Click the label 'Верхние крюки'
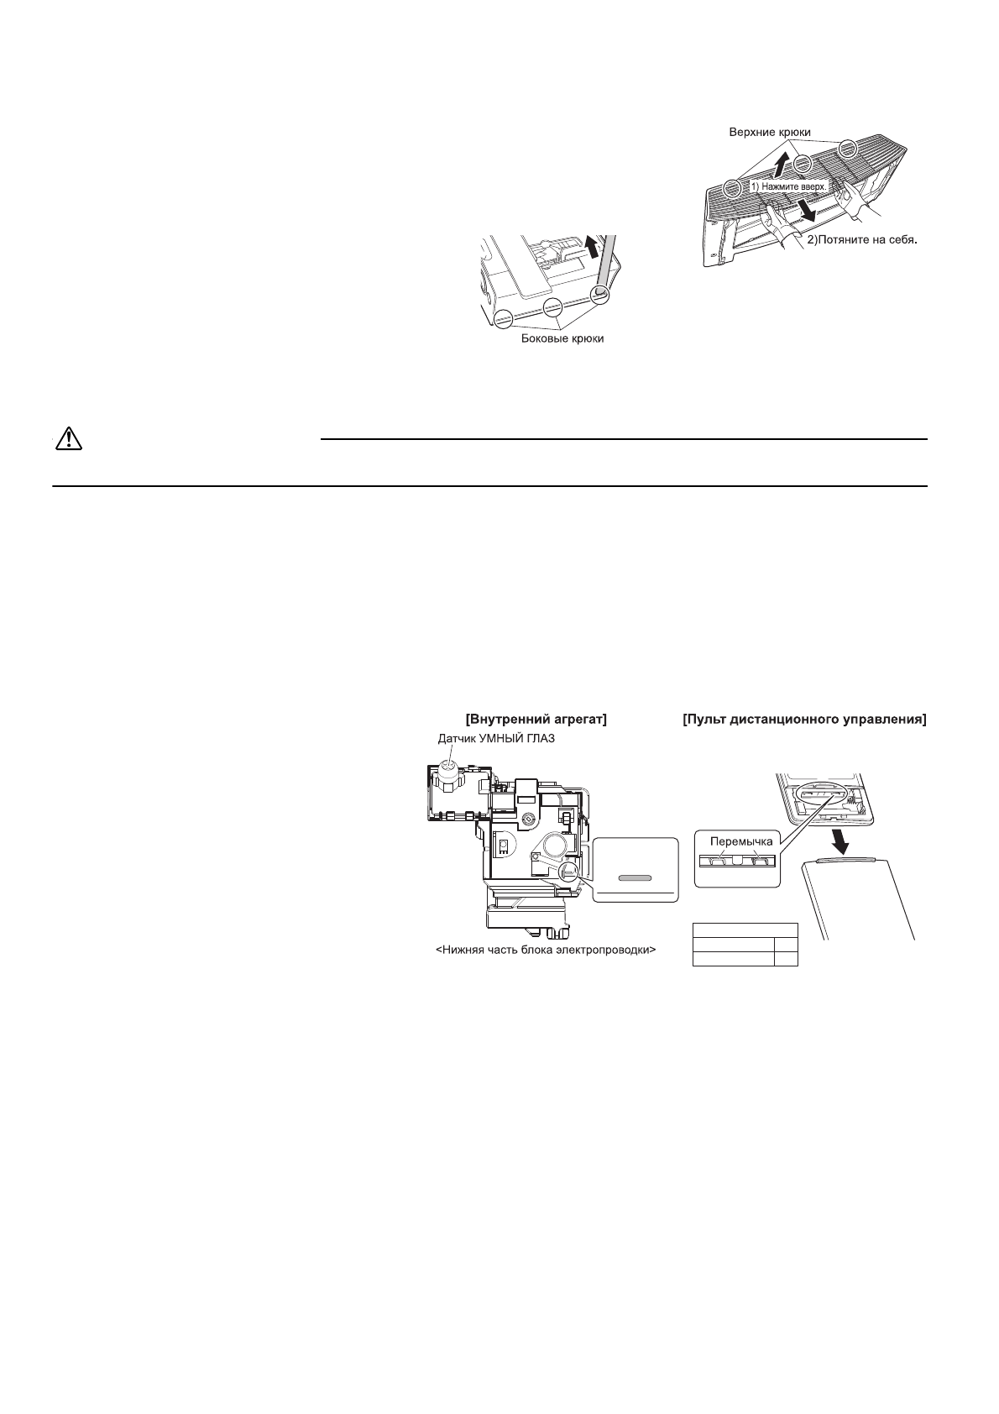pos(772,133)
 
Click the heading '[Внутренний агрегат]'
pos(536,720)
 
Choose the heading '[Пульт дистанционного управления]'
pos(804,720)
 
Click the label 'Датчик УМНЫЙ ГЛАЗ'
pos(496,739)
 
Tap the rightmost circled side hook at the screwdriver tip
pos(599,293)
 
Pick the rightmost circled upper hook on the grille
pos(849,149)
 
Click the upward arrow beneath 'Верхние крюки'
pos(781,163)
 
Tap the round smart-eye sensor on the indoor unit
pos(450,768)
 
